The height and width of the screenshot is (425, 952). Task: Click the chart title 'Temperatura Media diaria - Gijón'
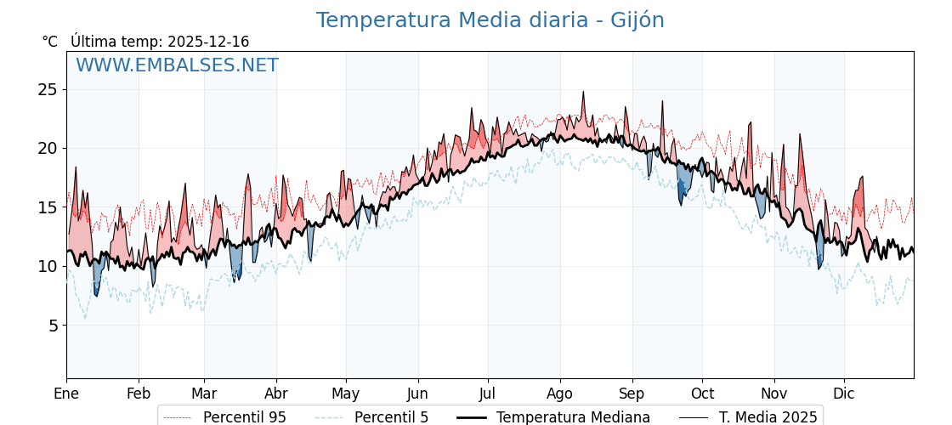(490, 20)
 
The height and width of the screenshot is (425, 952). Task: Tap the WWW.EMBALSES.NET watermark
(177, 65)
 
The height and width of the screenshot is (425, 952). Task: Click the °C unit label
(49, 42)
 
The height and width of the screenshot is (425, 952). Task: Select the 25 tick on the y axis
(48, 89)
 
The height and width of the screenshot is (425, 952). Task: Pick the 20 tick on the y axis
(48, 148)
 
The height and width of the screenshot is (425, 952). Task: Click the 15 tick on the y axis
(48, 207)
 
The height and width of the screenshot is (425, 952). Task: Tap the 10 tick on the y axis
(48, 266)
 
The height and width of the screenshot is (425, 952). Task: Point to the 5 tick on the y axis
(52, 325)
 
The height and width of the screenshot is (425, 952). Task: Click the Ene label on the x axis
(66, 394)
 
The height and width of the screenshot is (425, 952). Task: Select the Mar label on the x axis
(204, 394)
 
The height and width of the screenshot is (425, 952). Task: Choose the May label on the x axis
(345, 394)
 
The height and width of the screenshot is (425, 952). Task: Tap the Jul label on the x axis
(488, 394)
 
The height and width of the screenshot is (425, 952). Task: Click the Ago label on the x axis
(559, 394)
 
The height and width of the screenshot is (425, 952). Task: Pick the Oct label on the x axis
(702, 394)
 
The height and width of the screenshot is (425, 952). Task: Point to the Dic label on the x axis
(844, 394)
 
